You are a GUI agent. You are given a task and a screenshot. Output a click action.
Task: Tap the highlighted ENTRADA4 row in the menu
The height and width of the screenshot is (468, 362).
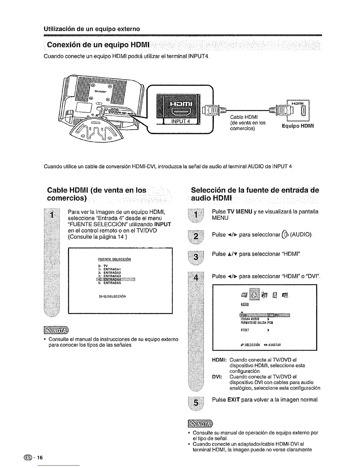(115, 279)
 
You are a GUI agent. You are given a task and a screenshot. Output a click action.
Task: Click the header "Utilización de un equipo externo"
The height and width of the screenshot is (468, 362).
(92, 29)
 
